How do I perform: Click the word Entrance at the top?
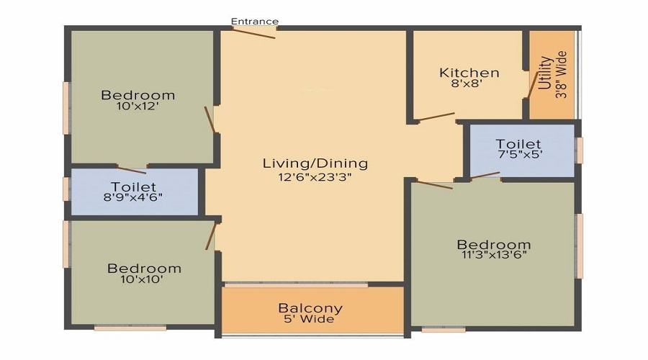255,21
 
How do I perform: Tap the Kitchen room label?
469,73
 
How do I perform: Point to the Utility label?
546,73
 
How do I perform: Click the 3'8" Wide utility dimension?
561,74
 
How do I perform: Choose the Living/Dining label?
315,163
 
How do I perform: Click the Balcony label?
310,308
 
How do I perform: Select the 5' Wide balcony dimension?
309,319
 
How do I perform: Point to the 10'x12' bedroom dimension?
138,106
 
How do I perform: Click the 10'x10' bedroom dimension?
142,279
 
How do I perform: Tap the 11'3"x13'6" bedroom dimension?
494,254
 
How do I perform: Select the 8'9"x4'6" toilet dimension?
133,197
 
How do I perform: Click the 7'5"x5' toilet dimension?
518,154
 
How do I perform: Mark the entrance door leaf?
253,33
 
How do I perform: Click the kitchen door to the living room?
436,117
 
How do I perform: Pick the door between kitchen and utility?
533,86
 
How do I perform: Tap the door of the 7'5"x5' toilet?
485,175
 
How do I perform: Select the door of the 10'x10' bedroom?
211,236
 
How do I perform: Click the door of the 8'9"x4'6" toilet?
132,170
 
